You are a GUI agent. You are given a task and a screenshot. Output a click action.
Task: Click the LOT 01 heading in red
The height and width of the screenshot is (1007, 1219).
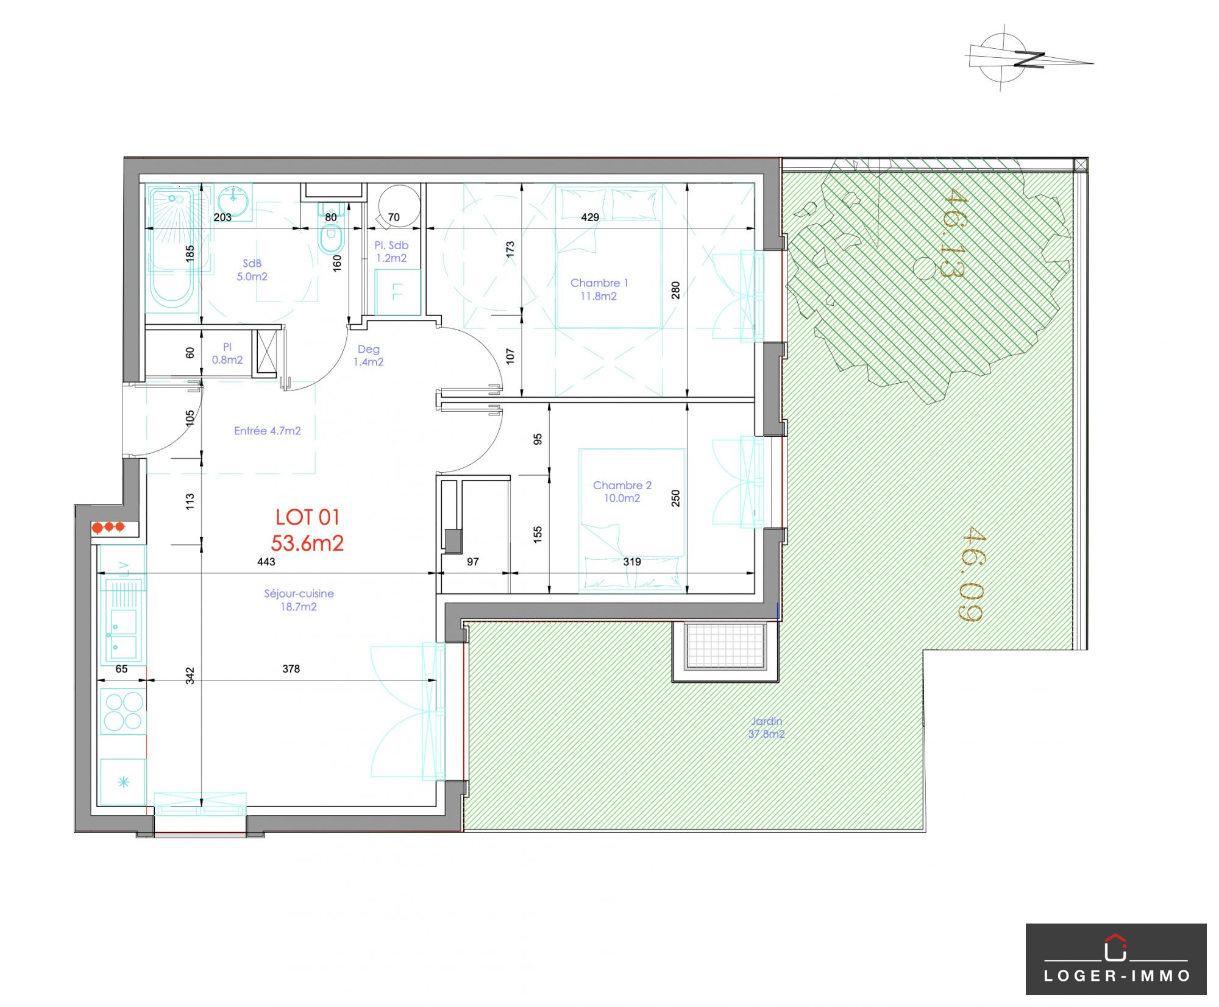(307, 517)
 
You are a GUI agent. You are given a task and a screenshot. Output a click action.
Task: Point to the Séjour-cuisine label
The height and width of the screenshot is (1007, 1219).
(299, 599)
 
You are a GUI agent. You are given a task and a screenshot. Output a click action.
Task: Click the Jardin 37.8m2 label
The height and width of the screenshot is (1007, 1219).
(766, 727)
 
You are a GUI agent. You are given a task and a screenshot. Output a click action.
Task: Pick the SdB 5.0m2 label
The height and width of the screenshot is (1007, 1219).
(252, 270)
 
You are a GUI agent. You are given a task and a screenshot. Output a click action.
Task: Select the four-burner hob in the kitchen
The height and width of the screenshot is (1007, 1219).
(123, 712)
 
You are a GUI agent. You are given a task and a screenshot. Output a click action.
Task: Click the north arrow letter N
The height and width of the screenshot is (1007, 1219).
(1029, 60)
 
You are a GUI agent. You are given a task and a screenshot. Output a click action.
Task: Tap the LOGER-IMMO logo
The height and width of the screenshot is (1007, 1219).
(1116, 959)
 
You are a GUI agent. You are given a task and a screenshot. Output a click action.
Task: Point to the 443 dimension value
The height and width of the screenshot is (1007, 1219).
(266, 562)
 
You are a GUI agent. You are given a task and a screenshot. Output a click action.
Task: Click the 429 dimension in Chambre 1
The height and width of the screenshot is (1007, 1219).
(590, 217)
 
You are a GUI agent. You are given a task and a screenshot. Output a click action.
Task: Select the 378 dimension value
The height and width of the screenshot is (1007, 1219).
(291, 669)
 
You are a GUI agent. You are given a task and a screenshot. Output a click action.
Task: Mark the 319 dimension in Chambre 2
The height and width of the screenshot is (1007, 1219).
(632, 562)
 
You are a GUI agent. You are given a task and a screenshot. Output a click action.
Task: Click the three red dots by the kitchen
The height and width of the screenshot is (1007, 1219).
(108, 527)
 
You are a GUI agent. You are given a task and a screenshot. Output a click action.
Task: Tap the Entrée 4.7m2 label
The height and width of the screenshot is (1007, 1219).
(268, 431)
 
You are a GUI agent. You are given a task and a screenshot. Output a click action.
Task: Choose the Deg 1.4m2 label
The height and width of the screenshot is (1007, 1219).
(369, 355)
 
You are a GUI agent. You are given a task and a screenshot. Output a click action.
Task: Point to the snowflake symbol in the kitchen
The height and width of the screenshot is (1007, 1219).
(124, 782)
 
